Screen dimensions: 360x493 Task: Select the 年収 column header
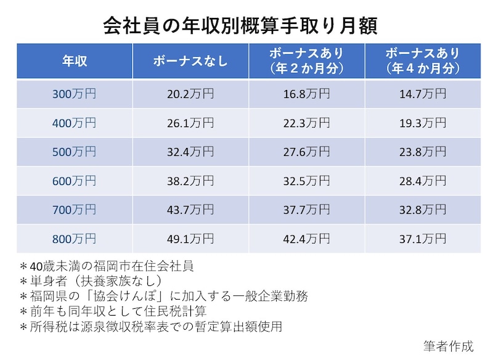tap(74, 61)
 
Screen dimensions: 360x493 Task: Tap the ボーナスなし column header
tap(190, 61)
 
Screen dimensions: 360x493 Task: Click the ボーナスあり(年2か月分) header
tap(306, 61)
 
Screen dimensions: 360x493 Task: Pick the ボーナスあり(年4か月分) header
tap(423, 61)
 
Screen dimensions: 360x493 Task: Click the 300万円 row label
tap(74, 94)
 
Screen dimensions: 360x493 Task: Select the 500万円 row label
tap(74, 152)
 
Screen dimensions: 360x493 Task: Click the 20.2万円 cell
tap(190, 94)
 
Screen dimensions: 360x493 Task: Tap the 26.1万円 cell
tap(190, 123)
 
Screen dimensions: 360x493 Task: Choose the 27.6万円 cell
tap(306, 152)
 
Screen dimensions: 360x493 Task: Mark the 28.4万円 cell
tap(423, 181)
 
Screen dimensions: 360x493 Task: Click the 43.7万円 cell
tap(190, 210)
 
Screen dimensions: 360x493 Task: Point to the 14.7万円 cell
tap(423, 94)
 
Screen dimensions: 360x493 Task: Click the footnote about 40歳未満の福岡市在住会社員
tap(107, 266)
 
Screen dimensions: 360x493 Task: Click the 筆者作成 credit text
tap(449, 346)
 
